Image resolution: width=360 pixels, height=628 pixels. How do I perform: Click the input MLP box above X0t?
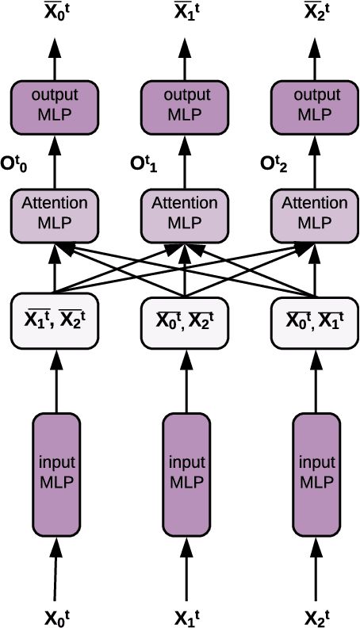pyautogui.click(x=56, y=473)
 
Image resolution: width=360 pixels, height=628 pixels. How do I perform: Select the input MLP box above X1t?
pyautogui.click(x=186, y=473)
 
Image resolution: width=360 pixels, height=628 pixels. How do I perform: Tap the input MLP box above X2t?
pyautogui.click(x=316, y=473)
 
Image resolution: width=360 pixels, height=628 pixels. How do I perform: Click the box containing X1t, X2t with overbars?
pyautogui.click(x=56, y=321)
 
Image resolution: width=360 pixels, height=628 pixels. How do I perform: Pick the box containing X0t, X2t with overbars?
pyautogui.click(x=186, y=321)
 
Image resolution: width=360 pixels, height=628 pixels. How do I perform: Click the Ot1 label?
pyautogui.click(x=144, y=164)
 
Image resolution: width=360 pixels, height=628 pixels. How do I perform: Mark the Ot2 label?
pyautogui.click(x=274, y=164)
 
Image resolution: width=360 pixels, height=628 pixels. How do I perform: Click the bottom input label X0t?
pyautogui.click(x=56, y=615)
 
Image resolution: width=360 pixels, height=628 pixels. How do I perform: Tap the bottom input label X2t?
pyautogui.click(x=317, y=615)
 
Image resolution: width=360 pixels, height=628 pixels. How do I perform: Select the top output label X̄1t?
pyautogui.click(x=187, y=12)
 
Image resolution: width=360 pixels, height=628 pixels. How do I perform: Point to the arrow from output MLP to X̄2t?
pyautogui.click(x=316, y=56)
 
